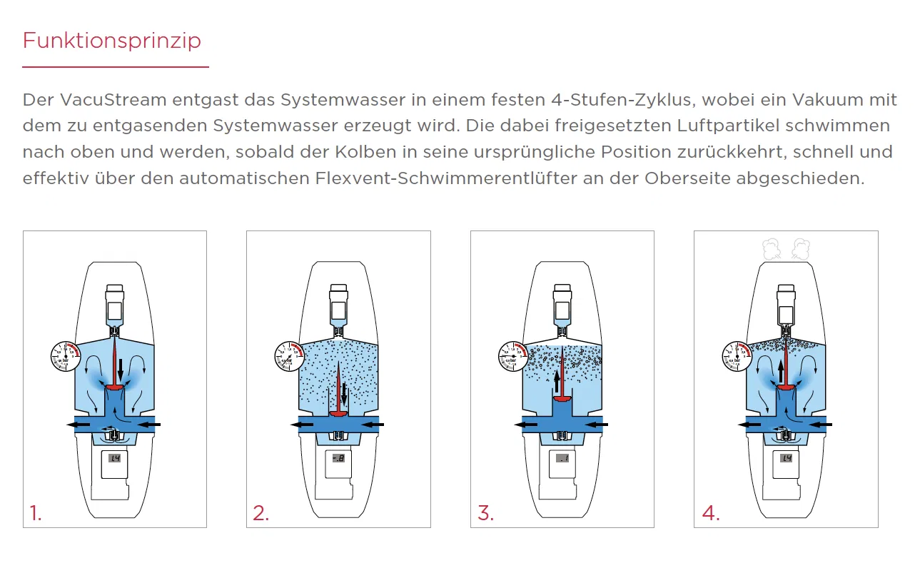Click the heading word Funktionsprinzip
tap(111, 41)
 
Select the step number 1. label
tap(36, 513)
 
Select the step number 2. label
tap(261, 513)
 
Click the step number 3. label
tap(485, 513)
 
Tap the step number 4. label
tap(710, 513)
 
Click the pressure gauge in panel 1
tap(66, 356)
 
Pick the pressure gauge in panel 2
tap(290, 356)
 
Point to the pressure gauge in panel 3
tap(514, 356)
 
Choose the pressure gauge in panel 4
tap(737, 356)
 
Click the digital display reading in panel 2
tap(338, 458)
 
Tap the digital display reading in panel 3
tap(562, 458)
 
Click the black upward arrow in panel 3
tap(557, 382)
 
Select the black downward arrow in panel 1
tap(121, 369)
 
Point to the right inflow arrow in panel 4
tap(820, 425)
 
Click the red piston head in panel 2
tap(338, 412)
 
